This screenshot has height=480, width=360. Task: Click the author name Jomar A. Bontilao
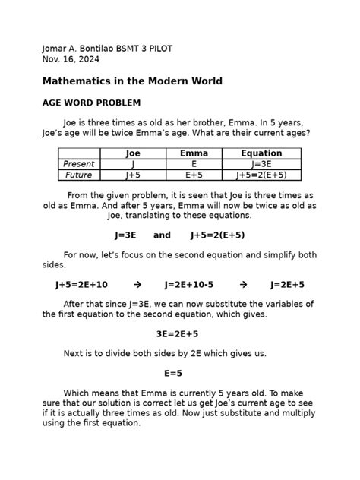(x=80, y=48)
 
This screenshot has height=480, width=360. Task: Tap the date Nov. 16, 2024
(x=70, y=59)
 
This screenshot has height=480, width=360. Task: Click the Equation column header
(x=261, y=153)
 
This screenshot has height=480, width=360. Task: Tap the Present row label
(x=78, y=164)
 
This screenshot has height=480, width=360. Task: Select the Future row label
(x=78, y=175)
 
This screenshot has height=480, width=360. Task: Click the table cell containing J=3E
(x=261, y=164)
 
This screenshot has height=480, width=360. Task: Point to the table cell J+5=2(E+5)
(x=261, y=175)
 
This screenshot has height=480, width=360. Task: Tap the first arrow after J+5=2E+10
(x=137, y=285)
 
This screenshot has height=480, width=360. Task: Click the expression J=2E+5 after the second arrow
(x=287, y=285)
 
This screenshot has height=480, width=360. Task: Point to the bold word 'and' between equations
(x=162, y=235)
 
